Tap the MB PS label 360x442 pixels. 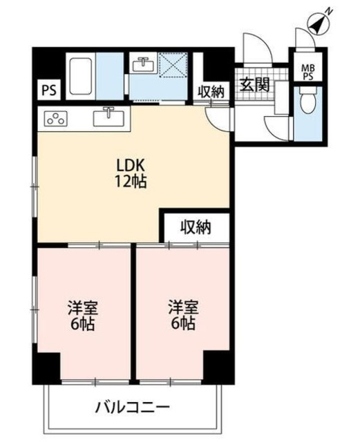(x=308, y=73)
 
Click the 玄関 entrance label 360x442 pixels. (x=254, y=84)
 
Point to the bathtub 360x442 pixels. (x=80, y=77)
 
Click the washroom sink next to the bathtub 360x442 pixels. (x=143, y=64)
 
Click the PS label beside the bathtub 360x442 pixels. (x=49, y=90)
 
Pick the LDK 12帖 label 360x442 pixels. (x=131, y=173)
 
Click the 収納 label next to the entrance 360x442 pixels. (x=211, y=92)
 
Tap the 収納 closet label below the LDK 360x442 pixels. (x=196, y=227)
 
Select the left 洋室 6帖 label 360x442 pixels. (x=83, y=316)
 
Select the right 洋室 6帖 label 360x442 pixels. (x=184, y=315)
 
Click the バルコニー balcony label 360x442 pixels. (x=132, y=407)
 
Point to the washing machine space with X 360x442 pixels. (x=173, y=64)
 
